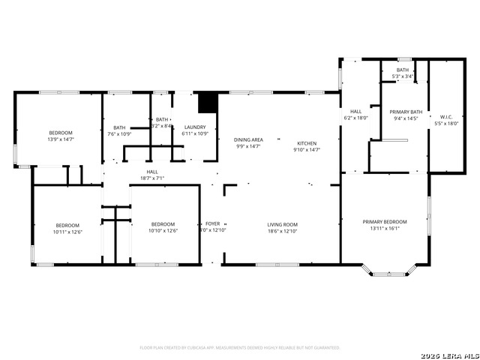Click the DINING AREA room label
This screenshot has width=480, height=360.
(249, 139)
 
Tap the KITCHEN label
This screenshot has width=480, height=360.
(306, 143)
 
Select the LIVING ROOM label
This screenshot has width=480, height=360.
(283, 224)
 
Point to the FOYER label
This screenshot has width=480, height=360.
(213, 224)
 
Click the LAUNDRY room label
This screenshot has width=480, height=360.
(195, 127)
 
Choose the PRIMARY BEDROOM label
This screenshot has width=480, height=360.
(385, 222)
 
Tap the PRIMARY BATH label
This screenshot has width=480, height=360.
(406, 112)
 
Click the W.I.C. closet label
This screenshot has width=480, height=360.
(446, 117)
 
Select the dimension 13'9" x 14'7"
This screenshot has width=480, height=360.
(61, 139)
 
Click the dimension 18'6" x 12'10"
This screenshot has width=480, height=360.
(283, 231)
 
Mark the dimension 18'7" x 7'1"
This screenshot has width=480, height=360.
(151, 178)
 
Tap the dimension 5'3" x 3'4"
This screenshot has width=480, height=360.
(403, 76)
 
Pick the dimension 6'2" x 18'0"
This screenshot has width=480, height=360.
(355, 118)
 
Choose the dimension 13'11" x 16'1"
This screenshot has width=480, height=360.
(385, 229)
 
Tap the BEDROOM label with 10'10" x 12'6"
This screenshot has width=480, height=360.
(163, 224)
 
